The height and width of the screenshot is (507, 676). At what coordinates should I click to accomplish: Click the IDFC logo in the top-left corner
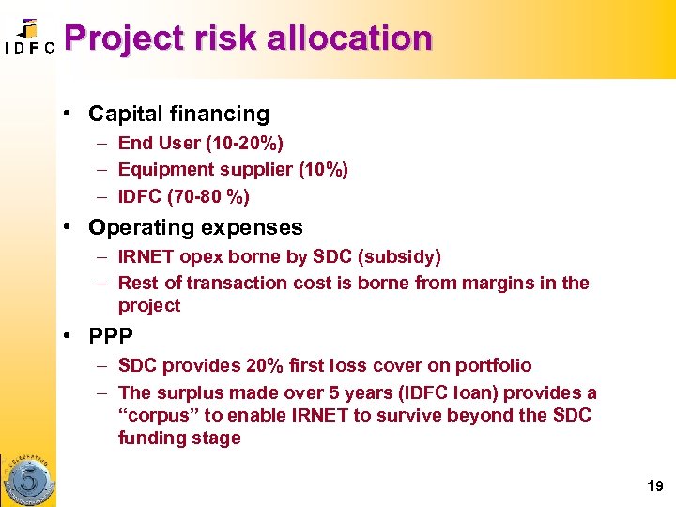click(29, 38)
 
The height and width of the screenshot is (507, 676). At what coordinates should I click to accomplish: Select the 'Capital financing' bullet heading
click(178, 115)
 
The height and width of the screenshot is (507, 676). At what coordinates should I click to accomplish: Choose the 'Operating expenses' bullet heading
click(195, 227)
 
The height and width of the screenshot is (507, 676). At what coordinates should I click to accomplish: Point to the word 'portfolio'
click(492, 365)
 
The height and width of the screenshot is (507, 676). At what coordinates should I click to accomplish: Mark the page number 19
click(654, 485)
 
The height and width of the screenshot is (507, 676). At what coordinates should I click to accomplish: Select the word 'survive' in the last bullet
click(437, 415)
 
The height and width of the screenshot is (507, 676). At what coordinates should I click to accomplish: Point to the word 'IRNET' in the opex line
click(146, 256)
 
